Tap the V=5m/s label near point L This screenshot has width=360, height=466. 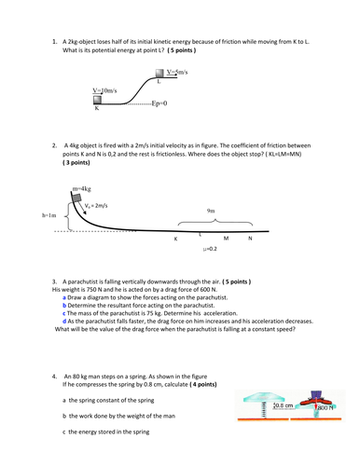[x=192, y=72]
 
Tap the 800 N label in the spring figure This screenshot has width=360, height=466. [x=326, y=406]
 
